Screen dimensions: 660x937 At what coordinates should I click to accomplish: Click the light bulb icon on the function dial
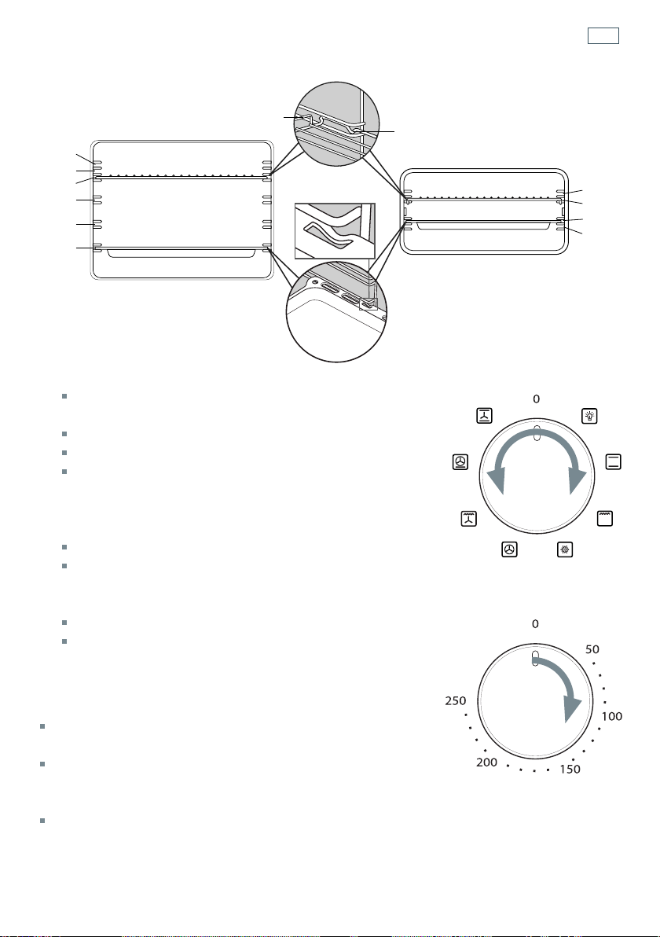click(589, 416)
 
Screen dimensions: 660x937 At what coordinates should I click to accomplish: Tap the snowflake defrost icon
click(564, 549)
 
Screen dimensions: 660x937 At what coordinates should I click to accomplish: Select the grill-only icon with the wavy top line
click(605, 518)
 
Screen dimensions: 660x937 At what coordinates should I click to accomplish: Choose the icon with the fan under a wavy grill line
click(469, 519)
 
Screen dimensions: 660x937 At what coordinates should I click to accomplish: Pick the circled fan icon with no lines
click(509, 549)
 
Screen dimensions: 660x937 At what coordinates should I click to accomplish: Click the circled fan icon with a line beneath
click(460, 462)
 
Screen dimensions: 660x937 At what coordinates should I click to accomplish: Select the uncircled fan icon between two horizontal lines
click(485, 415)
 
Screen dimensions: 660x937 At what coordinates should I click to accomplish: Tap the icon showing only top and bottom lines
click(614, 462)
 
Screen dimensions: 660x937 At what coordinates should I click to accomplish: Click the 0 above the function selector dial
click(537, 399)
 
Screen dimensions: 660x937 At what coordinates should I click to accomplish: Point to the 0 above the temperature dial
click(535, 624)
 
